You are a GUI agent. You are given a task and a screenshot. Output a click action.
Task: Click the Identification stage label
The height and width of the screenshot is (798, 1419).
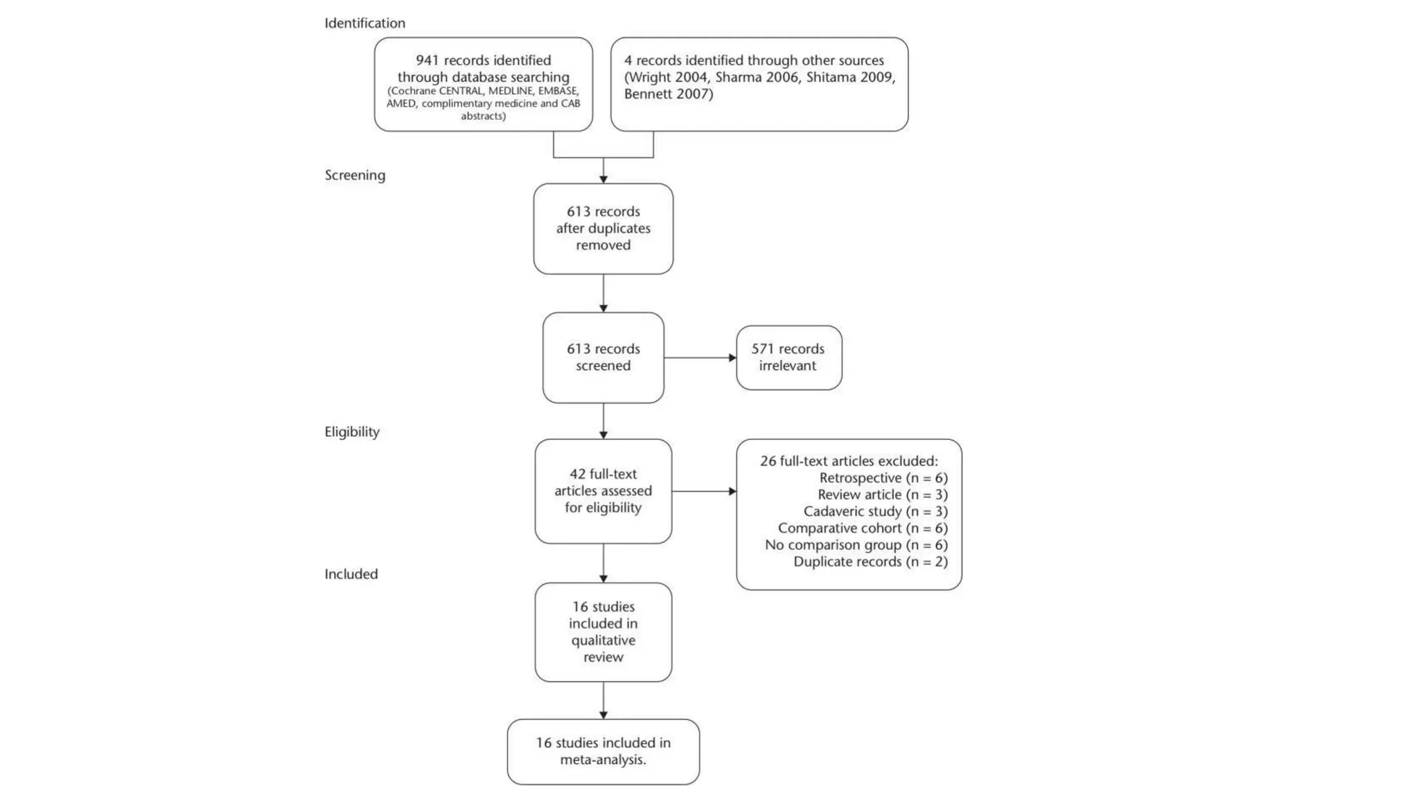point(364,24)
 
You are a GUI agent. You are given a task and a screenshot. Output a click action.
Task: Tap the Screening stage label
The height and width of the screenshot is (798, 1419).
point(355,175)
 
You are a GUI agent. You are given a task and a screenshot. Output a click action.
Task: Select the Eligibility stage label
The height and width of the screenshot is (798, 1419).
point(352,432)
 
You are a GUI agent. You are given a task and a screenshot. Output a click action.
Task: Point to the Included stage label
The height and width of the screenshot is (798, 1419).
point(351,574)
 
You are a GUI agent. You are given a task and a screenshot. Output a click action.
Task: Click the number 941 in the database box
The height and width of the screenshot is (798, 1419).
point(428,61)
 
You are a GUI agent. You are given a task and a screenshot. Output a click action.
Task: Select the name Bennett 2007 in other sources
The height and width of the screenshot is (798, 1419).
point(668,94)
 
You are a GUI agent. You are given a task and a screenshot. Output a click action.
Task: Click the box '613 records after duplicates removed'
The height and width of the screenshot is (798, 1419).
point(603,229)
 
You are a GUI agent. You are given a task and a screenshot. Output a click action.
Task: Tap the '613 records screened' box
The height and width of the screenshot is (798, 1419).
point(603,357)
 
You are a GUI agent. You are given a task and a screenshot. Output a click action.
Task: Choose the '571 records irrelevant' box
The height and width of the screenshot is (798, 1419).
point(788,357)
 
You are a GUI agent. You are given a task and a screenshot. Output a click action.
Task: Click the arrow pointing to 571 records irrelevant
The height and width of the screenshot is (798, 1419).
point(700,358)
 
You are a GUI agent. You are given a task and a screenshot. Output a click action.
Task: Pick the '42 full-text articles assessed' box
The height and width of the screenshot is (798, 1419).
point(603,491)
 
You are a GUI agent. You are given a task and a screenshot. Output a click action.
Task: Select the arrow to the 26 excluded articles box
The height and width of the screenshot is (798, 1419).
point(704,491)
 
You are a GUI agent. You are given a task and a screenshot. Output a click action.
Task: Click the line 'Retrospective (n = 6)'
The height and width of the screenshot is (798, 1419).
point(883,478)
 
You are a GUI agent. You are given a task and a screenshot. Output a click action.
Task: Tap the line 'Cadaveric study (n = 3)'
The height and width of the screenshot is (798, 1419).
point(875,511)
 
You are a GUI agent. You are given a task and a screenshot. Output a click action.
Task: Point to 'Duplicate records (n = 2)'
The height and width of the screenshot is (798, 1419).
point(870,562)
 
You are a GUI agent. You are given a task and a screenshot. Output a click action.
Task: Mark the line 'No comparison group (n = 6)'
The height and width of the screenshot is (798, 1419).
point(856,545)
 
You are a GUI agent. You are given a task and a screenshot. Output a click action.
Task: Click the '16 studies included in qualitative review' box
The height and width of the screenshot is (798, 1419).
point(603,632)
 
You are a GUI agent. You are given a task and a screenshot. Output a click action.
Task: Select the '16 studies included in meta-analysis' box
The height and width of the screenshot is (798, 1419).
point(603,752)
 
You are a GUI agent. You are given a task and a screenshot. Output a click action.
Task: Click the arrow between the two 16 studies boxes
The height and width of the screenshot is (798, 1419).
point(603,700)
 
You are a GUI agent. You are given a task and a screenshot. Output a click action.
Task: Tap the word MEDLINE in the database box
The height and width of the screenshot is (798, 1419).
point(511,91)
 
